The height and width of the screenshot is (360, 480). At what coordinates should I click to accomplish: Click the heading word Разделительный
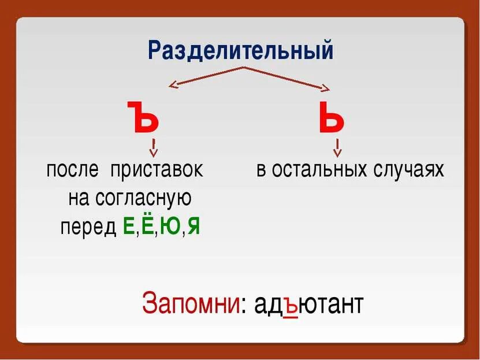tap(241, 50)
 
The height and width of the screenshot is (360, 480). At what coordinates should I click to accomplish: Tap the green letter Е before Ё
tap(129, 227)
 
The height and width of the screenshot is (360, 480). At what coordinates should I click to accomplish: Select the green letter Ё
tap(147, 225)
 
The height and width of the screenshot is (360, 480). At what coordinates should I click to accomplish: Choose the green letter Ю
tap(170, 227)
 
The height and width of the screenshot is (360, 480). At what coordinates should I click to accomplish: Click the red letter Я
tap(194, 227)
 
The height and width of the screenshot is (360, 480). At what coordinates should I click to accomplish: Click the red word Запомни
tap(191, 305)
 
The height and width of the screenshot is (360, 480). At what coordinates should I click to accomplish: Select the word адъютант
tap(306, 305)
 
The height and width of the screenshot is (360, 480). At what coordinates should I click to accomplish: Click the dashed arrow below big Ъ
tap(154, 148)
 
